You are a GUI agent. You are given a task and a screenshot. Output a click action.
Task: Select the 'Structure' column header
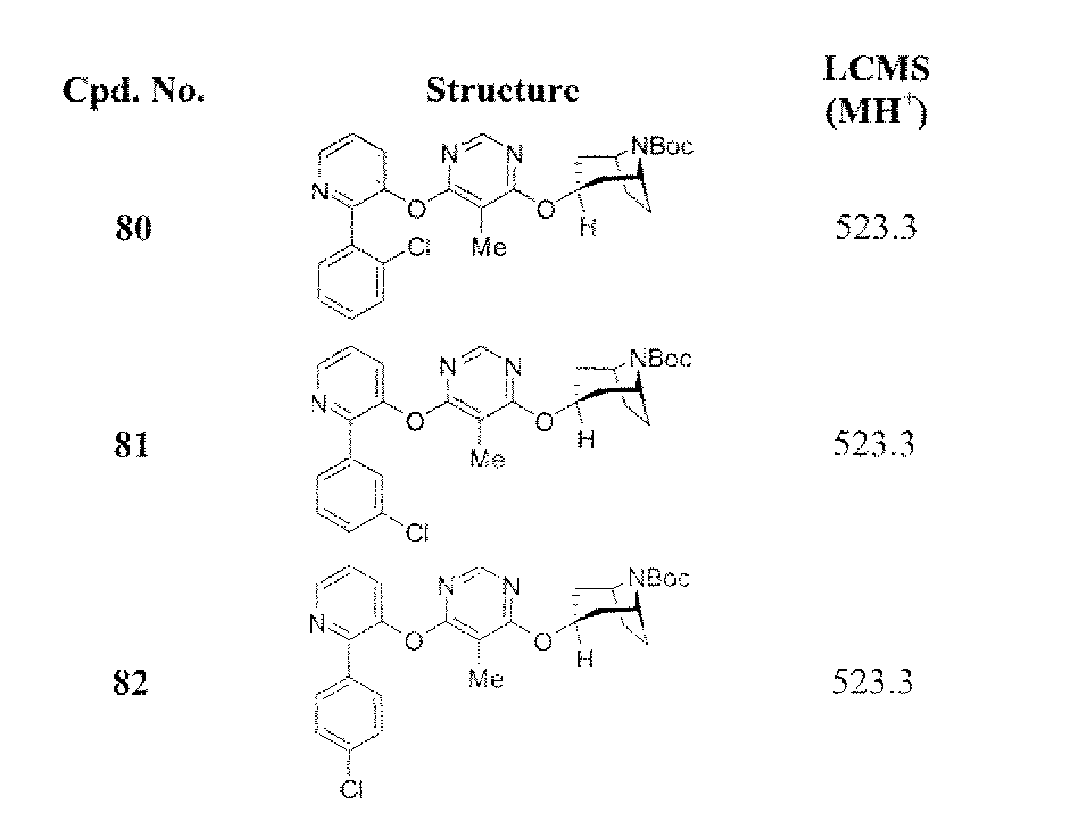[502, 90]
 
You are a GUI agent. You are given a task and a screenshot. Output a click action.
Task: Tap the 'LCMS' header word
[876, 69]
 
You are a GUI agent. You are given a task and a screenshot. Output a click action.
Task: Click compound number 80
[133, 227]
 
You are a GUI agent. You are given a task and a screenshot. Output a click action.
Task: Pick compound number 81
[132, 444]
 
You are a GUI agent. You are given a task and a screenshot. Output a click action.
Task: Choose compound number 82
[131, 683]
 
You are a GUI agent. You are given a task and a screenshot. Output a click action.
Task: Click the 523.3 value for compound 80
[876, 227]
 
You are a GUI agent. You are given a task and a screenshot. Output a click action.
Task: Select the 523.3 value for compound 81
[874, 444]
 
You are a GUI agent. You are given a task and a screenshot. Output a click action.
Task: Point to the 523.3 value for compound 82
[873, 682]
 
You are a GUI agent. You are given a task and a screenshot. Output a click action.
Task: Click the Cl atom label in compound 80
[419, 247]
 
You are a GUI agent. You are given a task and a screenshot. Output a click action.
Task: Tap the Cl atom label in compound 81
[417, 533]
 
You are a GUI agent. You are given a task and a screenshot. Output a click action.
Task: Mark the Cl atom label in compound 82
[352, 790]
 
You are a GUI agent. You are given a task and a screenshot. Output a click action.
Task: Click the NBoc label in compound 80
[662, 146]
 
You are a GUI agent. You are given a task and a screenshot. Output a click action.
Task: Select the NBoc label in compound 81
[660, 358]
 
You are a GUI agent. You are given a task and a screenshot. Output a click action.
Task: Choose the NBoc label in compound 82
[659, 578]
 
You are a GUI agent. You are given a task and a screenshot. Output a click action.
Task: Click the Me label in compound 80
[489, 247]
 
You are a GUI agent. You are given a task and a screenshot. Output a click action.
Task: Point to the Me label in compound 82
[486, 679]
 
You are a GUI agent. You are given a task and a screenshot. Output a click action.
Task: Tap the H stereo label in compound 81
[586, 439]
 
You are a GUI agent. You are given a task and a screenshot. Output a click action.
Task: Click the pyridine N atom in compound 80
[320, 191]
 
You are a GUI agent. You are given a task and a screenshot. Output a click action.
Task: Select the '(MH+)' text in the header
[876, 113]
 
